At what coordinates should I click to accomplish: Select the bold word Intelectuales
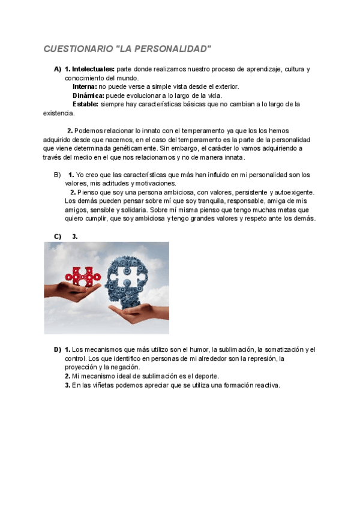(x=93, y=70)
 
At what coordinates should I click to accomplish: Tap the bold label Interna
(x=85, y=86)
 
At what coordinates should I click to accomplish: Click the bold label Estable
(x=85, y=104)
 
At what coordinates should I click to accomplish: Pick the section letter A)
(x=58, y=70)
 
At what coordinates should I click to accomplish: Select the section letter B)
(x=58, y=175)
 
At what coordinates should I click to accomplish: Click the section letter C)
(x=58, y=236)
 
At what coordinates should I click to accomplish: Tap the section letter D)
(x=58, y=350)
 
